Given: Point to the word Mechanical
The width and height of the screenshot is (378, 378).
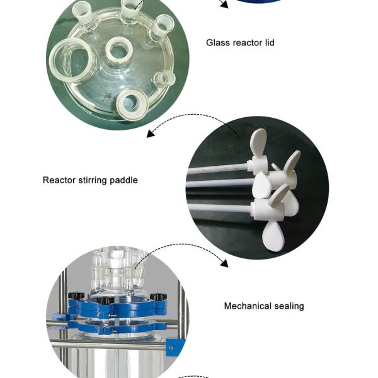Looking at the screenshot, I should [x=248, y=306].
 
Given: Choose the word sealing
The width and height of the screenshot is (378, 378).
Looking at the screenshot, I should [x=289, y=306].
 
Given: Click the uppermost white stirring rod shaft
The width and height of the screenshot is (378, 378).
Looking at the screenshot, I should [x=217, y=168].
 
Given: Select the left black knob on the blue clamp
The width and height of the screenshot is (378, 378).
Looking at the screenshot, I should [x=76, y=295].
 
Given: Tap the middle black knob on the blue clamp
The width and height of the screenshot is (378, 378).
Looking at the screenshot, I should [x=106, y=301].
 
